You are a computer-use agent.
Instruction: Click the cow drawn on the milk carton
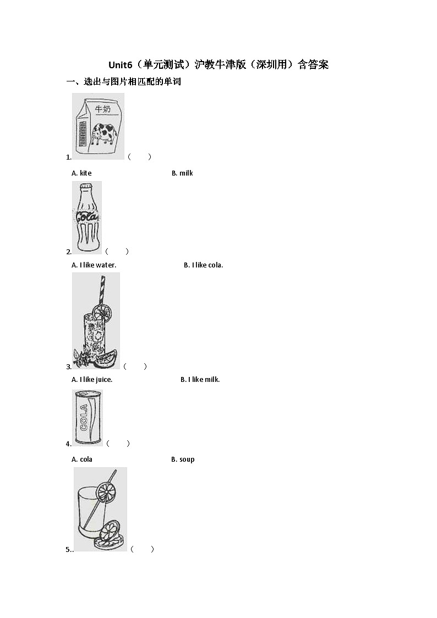(x=105, y=134)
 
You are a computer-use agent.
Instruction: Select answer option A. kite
(x=82, y=173)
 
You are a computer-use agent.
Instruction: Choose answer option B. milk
(x=182, y=173)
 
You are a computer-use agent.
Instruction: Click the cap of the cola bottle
(x=86, y=185)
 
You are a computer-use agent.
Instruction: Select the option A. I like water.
(x=94, y=265)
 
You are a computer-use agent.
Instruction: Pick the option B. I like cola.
(x=203, y=265)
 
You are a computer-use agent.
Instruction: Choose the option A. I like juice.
(x=92, y=380)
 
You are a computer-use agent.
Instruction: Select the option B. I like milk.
(x=200, y=380)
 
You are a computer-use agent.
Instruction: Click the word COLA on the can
(x=84, y=417)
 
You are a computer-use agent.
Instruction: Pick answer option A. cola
(x=82, y=460)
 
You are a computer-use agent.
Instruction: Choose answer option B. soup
(x=183, y=460)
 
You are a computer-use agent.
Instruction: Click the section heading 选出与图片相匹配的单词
(x=132, y=82)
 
